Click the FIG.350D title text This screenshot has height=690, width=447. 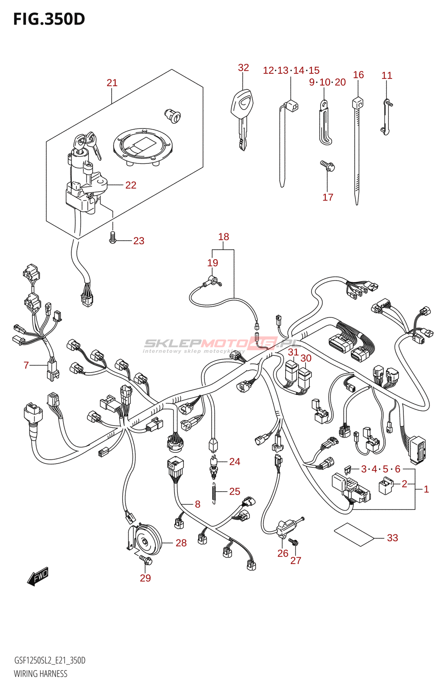click(49, 19)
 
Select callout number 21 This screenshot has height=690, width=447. click(112, 83)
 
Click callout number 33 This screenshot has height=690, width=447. click(392, 538)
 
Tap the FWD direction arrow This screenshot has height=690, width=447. click(38, 576)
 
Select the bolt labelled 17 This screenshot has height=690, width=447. click(327, 166)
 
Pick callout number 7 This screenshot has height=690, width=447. click(26, 366)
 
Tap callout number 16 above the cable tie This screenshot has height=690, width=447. click(359, 75)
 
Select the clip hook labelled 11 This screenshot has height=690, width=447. click(386, 117)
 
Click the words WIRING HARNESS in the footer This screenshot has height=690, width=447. click(41, 674)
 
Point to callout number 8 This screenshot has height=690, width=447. click(198, 504)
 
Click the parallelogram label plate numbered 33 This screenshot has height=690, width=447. click(353, 534)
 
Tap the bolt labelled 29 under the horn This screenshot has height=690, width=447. click(146, 560)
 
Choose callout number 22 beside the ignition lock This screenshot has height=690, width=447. click(131, 185)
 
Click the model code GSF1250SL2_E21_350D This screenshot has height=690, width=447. click(50, 661)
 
